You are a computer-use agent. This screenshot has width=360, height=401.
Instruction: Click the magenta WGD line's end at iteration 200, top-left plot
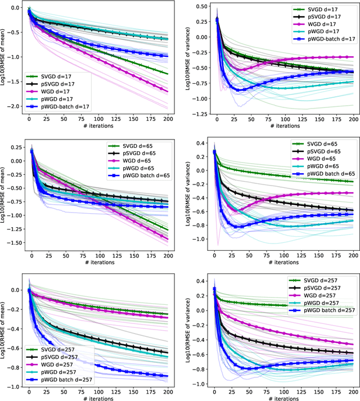[167, 91]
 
